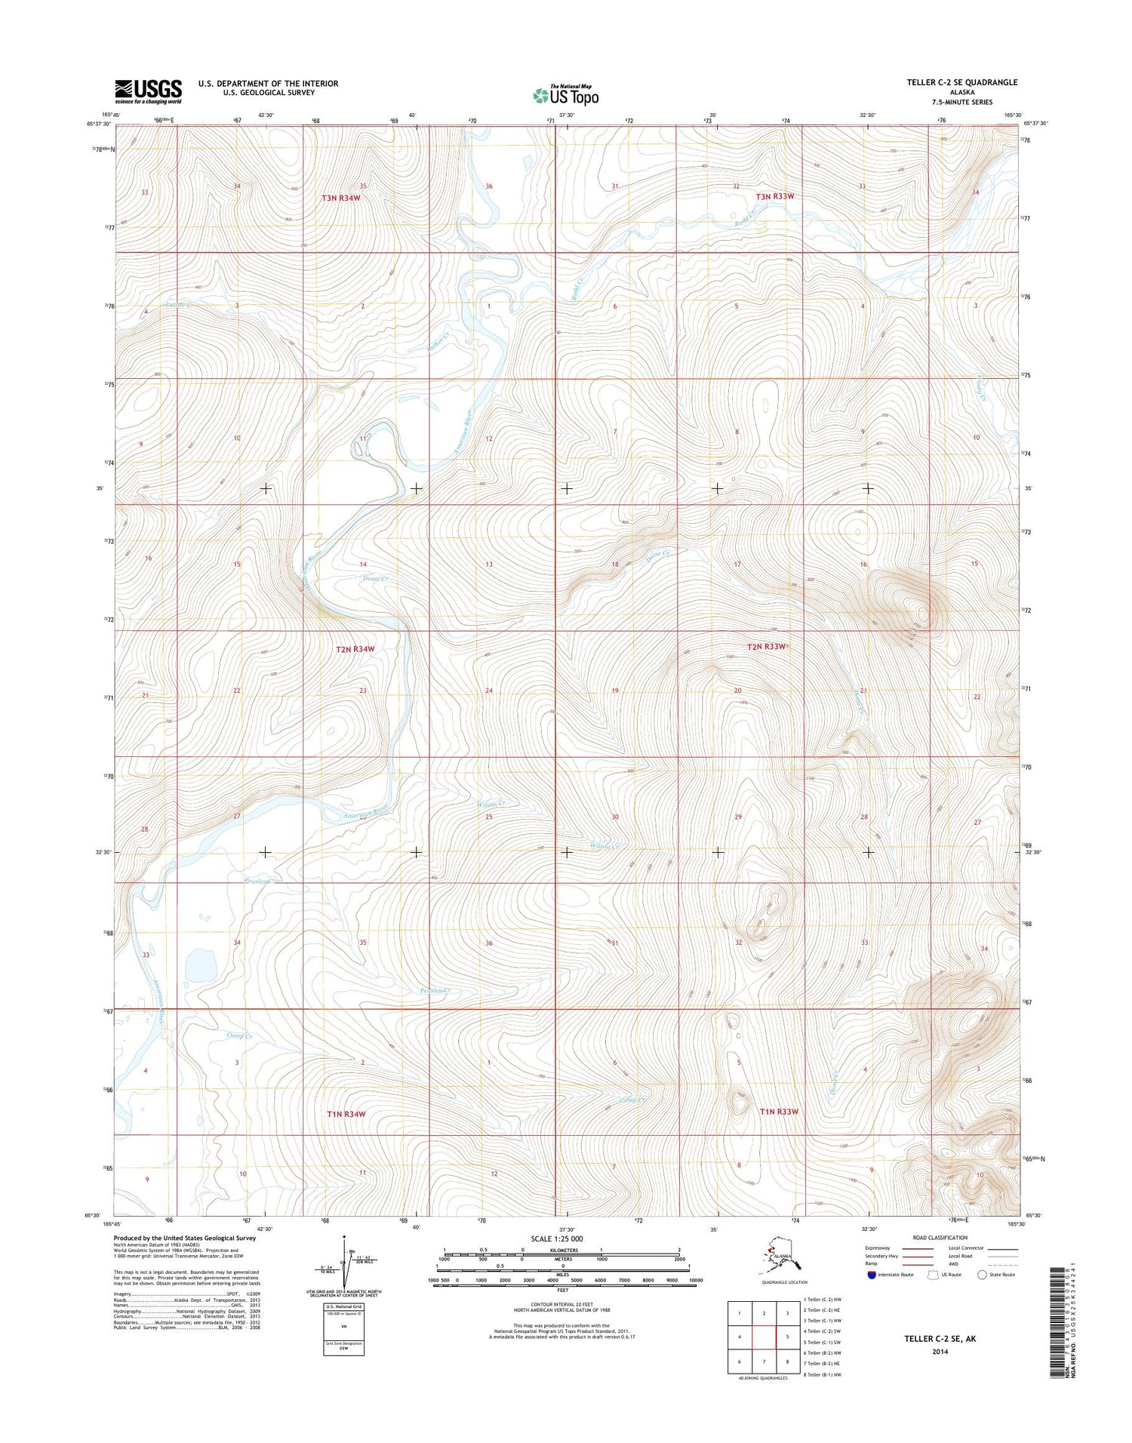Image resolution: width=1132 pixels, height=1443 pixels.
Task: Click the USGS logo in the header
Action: click(148, 91)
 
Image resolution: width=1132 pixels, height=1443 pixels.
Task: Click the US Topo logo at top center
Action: click(565, 95)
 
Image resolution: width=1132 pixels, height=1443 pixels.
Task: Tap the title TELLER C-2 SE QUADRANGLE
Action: click(961, 82)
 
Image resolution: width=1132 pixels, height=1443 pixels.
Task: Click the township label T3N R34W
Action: click(341, 198)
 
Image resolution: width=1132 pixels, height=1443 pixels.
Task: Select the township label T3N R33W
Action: click(775, 196)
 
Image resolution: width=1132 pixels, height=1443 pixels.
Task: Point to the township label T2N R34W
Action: click(355, 649)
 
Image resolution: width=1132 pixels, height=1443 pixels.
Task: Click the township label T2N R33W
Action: click(767, 647)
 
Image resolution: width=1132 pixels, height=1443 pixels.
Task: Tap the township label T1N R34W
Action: click(346, 1114)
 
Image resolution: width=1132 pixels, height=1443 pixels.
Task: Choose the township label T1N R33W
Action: click(778, 1112)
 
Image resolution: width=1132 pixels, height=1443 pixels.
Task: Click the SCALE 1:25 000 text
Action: click(557, 1239)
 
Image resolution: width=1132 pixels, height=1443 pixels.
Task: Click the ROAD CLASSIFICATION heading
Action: click(940, 1238)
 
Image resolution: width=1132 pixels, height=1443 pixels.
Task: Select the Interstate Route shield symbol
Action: click(872, 1275)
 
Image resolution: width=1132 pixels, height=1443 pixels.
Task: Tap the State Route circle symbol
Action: click(982, 1275)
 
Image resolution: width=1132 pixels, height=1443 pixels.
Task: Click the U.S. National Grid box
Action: click(343, 1329)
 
